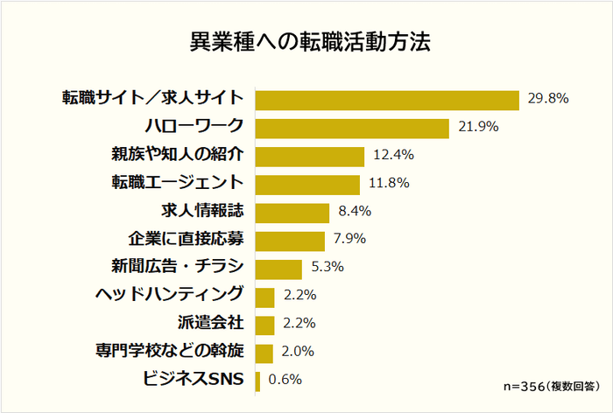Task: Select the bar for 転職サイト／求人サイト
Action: click(386, 98)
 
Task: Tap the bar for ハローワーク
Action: click(351, 127)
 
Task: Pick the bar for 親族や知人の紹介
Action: click(309, 156)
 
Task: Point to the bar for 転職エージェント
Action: click(306, 184)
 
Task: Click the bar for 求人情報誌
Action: click(292, 212)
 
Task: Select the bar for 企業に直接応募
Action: click(290, 240)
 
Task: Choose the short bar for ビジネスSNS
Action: click(257, 381)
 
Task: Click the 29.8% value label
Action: click(548, 98)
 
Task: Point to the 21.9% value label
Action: click(478, 127)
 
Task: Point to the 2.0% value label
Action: click(299, 353)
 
